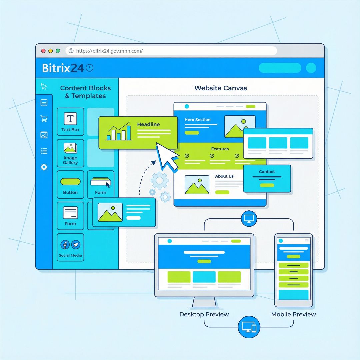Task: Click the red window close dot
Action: pyautogui.click(x=43, y=51)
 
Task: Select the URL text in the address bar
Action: pyautogui.click(x=109, y=51)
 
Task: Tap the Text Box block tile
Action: pyautogui.click(x=70, y=121)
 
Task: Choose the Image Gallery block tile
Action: pyautogui.click(x=70, y=153)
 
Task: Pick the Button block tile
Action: pyautogui.click(x=70, y=184)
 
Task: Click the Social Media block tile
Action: pyautogui.click(x=70, y=247)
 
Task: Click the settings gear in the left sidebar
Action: pyautogui.click(x=44, y=167)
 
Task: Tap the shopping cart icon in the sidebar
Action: pyautogui.click(x=44, y=119)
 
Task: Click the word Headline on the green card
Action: pyautogui.click(x=148, y=124)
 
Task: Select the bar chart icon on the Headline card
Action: pyautogui.click(x=117, y=132)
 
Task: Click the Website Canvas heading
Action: pyautogui.click(x=221, y=88)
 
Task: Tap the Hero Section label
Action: pyautogui.click(x=198, y=120)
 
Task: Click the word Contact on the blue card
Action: pyautogui.click(x=267, y=172)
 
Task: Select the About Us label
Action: pyautogui.click(x=224, y=176)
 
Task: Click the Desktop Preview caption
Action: pyautogui.click(x=204, y=314)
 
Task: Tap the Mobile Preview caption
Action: pyautogui.click(x=293, y=314)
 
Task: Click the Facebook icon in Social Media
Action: pyautogui.click(x=65, y=245)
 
